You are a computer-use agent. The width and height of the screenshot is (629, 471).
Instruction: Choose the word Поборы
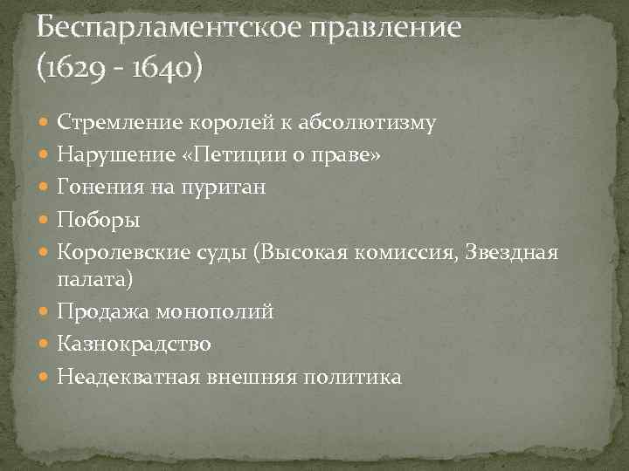pyautogui.click(x=94, y=218)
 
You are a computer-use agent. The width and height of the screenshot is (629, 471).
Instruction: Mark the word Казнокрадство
pyautogui.click(x=134, y=345)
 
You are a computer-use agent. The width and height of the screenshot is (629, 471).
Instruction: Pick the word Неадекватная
pyautogui.click(x=125, y=376)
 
